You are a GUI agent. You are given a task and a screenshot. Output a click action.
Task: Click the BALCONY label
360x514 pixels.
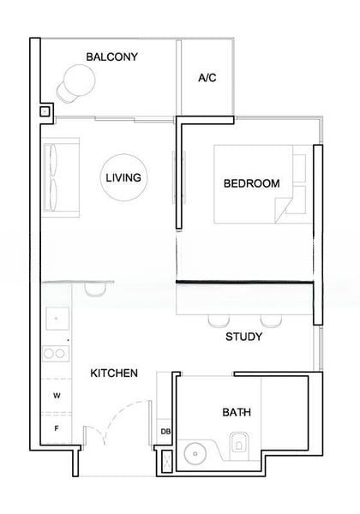(112, 57)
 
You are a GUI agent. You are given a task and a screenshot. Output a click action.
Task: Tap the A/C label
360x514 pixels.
(207, 78)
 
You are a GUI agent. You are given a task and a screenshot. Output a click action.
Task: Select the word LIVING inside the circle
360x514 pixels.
(123, 178)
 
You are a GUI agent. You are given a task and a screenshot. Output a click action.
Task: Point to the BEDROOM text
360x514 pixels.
(251, 183)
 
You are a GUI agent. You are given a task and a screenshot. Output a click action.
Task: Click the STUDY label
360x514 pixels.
(243, 338)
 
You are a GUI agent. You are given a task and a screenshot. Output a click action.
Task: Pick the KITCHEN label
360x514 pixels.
(115, 374)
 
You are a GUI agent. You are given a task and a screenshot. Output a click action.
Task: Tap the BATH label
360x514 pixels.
(237, 413)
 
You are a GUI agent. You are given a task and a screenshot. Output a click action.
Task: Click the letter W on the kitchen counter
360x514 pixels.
(57, 396)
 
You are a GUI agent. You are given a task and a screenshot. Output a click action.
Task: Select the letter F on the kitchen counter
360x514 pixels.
(57, 427)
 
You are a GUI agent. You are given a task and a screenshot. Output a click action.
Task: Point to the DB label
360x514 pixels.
(165, 432)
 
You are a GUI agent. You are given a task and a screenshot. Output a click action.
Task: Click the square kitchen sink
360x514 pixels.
(57, 319)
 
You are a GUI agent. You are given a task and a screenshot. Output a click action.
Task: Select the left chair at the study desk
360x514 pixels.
(214, 320)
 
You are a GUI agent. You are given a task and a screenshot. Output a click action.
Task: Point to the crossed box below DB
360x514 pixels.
(165, 460)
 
